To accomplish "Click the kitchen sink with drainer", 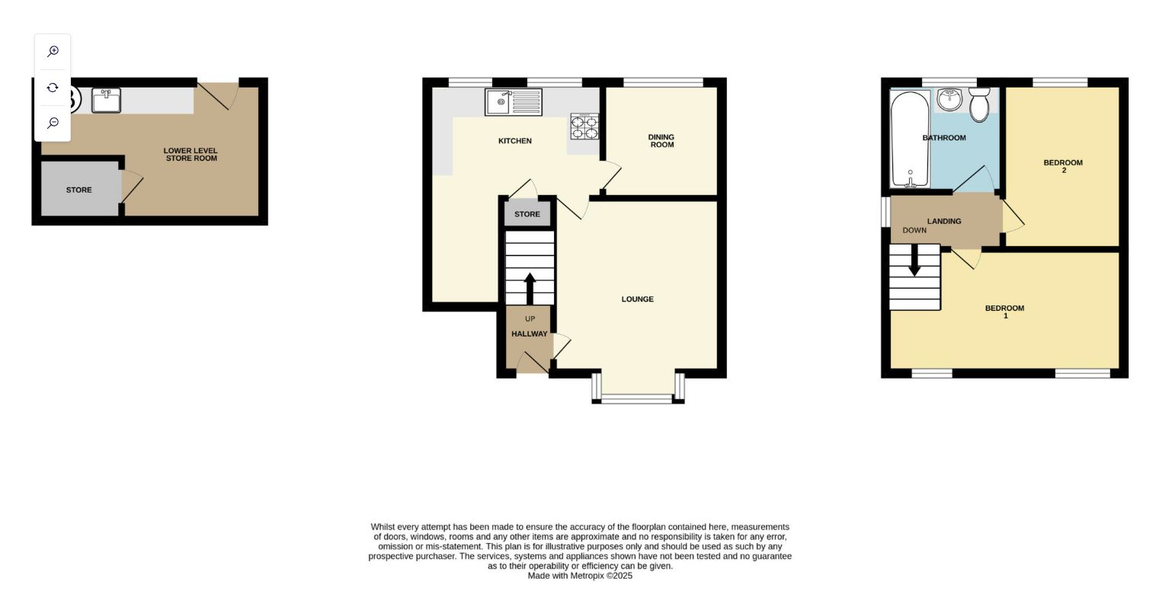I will point(513,102).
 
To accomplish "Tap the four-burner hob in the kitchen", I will point(584,126).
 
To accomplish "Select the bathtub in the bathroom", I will point(910,139).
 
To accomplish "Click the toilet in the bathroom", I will point(979,104).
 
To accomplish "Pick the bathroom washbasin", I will point(949,99).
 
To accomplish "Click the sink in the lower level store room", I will point(106,100).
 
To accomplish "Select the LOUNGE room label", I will point(637,299).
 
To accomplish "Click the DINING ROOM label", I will point(661,141).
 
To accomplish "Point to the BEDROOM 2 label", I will point(1063,165).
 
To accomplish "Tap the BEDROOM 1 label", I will point(1004,311).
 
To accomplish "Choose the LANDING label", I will point(943,222).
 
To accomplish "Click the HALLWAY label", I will point(530,334).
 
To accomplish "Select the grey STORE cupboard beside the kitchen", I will point(527,214).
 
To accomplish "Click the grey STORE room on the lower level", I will point(79,190).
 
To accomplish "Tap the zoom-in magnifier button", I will point(53,52).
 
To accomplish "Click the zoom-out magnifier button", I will point(53,123).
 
